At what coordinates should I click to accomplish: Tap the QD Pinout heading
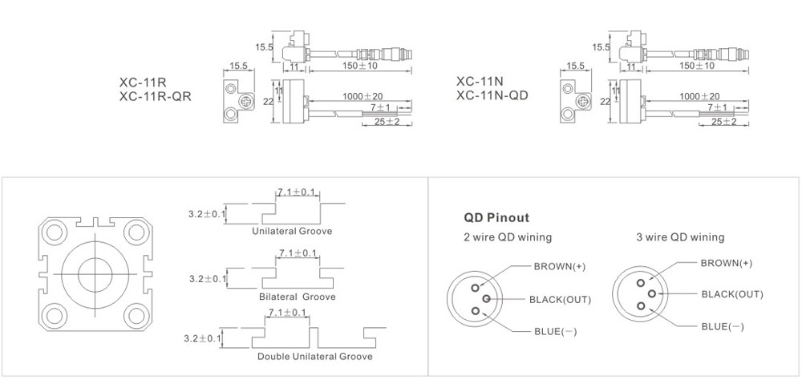click(496, 217)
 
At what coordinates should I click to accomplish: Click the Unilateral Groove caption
click(292, 231)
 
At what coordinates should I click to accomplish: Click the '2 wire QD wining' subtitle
click(508, 237)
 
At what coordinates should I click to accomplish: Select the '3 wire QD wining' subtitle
click(681, 237)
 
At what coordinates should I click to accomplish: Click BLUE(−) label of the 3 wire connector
click(722, 326)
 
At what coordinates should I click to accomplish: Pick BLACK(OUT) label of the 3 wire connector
click(732, 294)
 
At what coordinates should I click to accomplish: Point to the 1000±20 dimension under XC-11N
click(699, 96)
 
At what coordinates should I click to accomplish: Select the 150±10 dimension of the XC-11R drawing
click(360, 65)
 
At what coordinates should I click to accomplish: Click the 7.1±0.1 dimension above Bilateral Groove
click(298, 253)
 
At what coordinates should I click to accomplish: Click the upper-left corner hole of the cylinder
click(55, 232)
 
